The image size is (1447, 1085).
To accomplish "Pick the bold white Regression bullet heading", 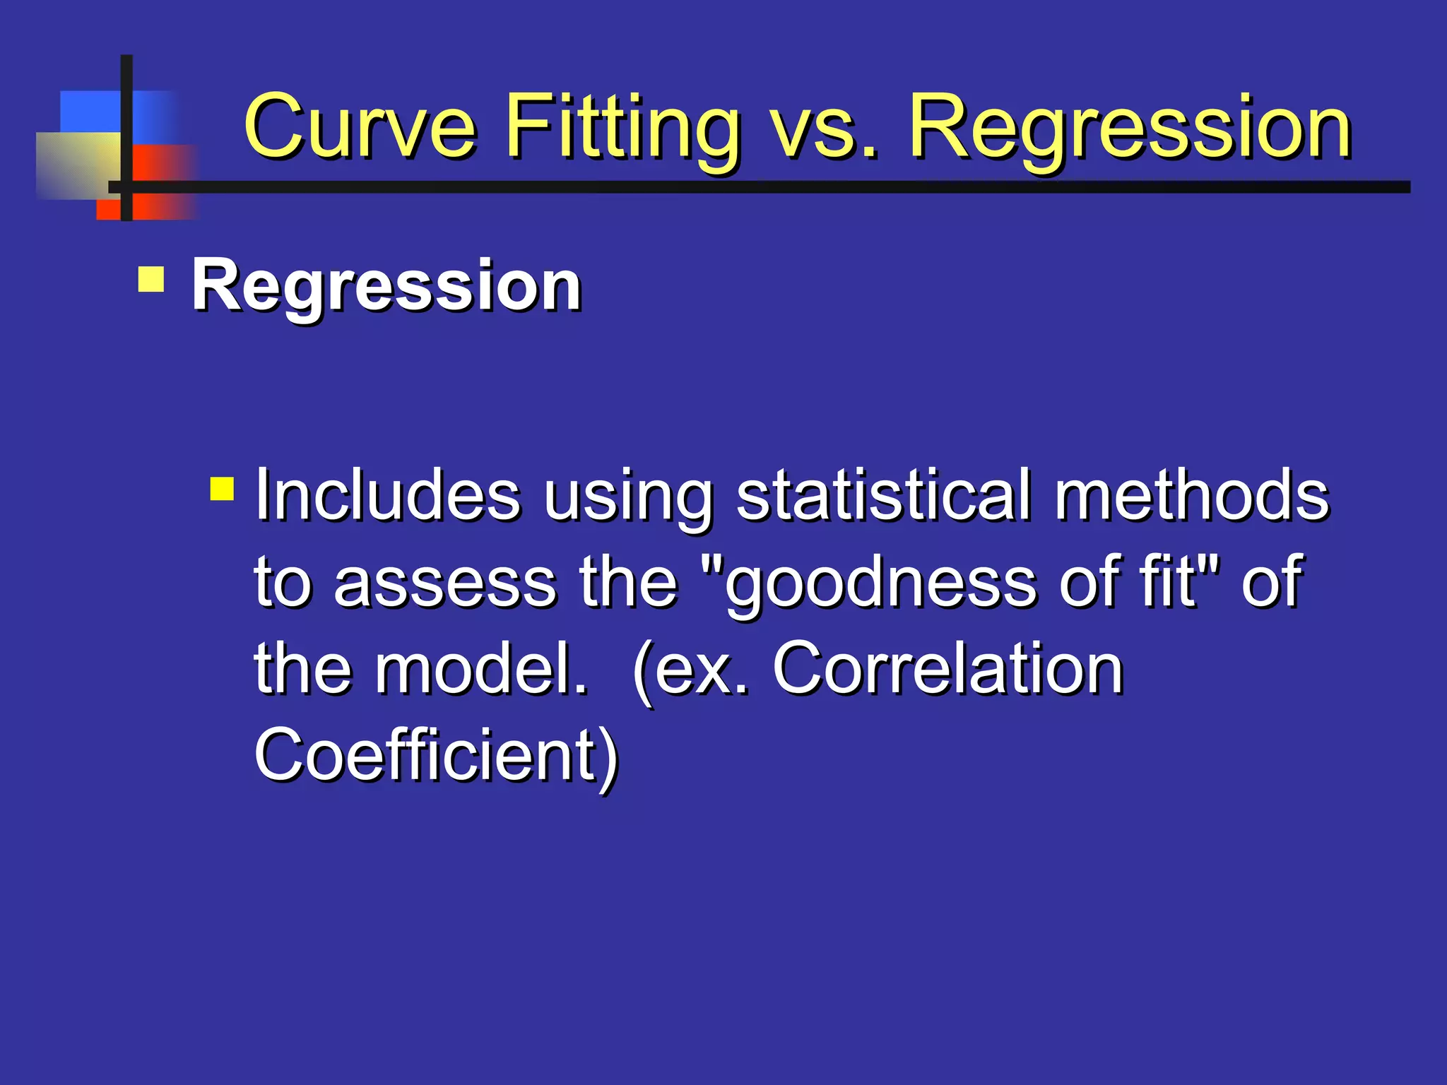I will pos(386,286).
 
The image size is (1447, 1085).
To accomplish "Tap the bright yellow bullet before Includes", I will pos(222,489).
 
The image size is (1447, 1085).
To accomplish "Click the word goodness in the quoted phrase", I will pos(880,583).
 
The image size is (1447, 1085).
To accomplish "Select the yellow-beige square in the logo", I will pos(75,165).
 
